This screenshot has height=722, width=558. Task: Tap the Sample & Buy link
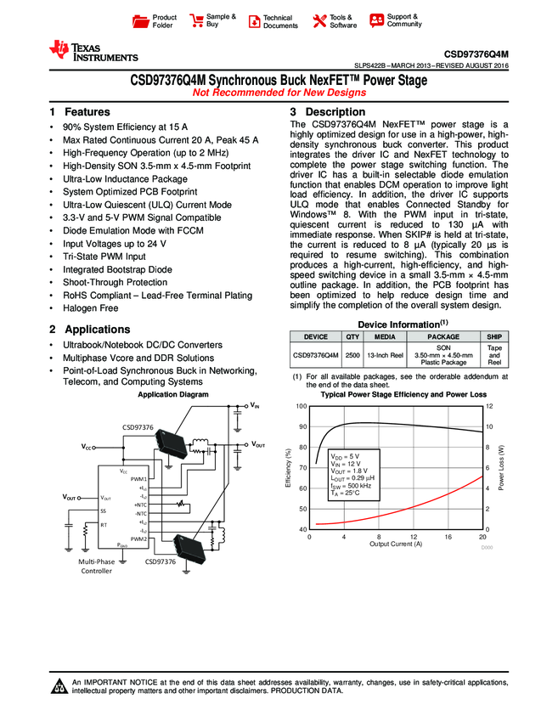click(x=213, y=20)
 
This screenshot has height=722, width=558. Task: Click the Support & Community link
click(x=395, y=20)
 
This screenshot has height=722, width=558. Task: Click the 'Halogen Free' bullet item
click(x=90, y=308)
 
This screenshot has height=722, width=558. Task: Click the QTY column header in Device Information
click(x=352, y=336)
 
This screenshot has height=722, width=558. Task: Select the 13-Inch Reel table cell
click(x=384, y=355)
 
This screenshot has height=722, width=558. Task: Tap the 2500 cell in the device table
click(x=352, y=355)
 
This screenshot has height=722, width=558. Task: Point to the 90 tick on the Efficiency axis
click(x=301, y=427)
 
